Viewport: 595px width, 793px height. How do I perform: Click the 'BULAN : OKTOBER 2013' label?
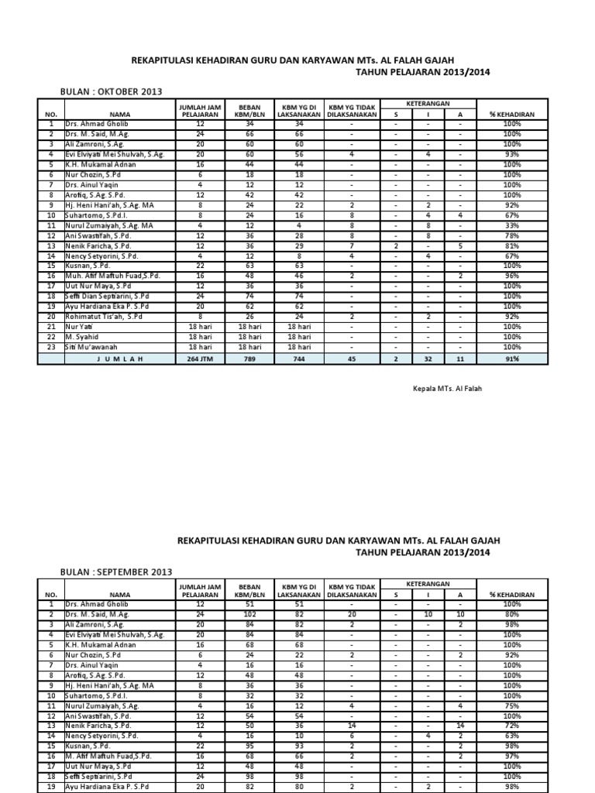[111, 91]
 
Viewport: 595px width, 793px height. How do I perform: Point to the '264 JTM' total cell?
[201, 359]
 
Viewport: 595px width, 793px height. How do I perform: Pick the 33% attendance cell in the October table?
[512, 225]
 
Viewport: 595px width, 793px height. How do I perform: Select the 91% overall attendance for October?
[512, 359]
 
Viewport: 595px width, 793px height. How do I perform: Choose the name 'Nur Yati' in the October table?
[79, 327]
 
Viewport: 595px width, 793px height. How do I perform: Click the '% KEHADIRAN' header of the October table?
[512, 114]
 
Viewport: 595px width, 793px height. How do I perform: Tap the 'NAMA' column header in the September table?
[119, 594]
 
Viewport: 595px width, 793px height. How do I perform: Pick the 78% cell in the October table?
[512, 235]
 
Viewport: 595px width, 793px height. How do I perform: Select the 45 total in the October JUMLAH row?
[351, 359]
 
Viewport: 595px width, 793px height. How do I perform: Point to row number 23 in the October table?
[50, 348]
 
